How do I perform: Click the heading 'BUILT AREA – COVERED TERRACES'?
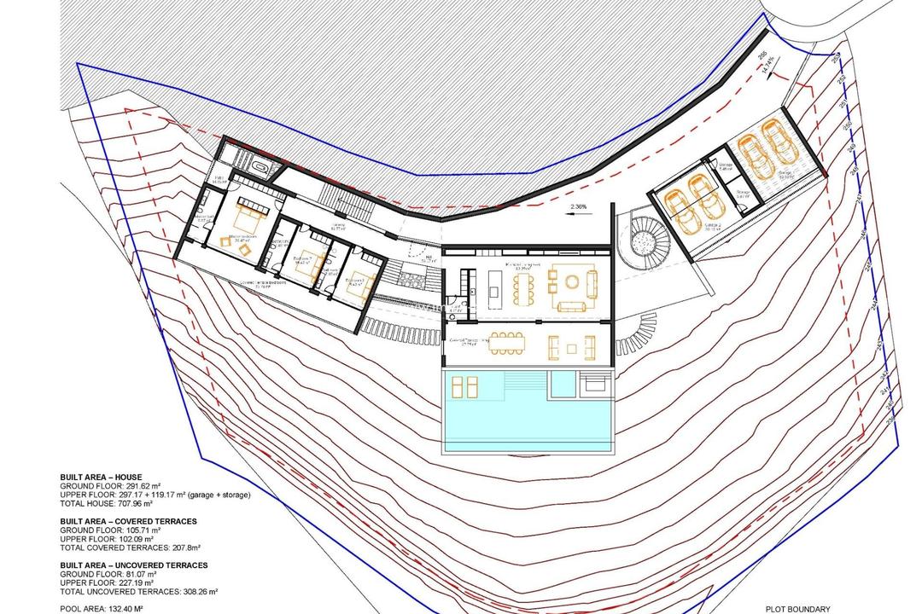coord(128,520)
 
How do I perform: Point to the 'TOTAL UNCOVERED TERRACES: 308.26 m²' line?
coord(139,591)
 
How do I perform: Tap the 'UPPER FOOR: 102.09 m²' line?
coord(107,539)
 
